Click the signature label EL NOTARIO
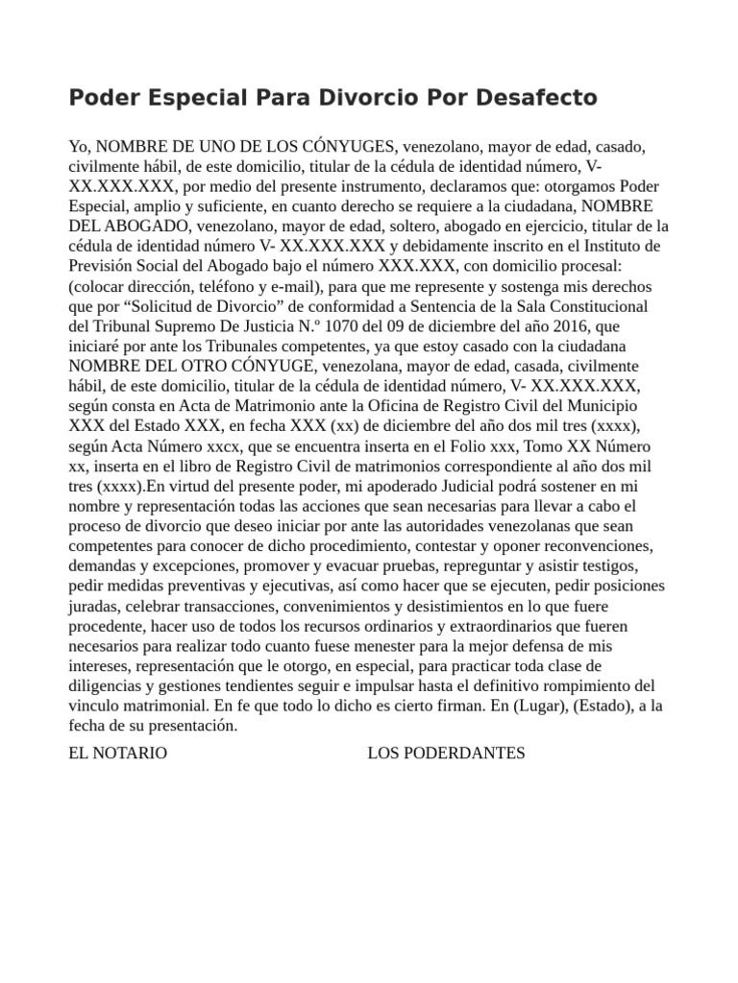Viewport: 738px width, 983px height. click(118, 753)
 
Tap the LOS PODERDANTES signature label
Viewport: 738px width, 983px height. click(446, 753)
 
